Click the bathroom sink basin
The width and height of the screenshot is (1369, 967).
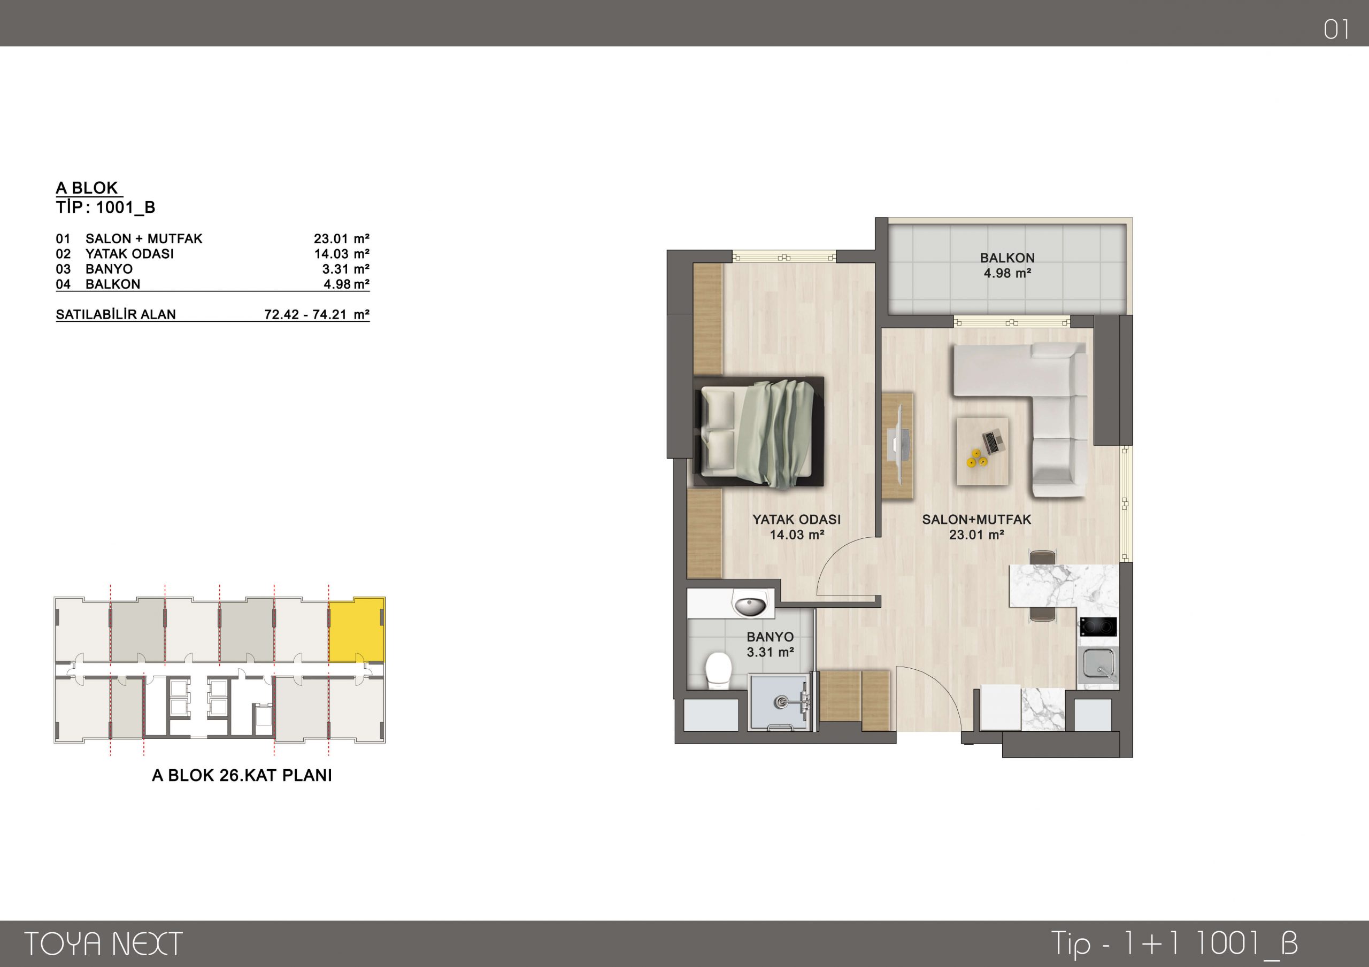click(x=750, y=606)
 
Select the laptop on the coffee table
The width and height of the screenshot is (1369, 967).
click(x=993, y=442)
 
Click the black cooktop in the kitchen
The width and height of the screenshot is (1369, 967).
click(x=1098, y=626)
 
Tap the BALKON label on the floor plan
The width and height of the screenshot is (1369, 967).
click(x=1007, y=258)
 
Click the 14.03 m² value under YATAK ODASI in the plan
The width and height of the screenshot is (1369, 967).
click(x=797, y=535)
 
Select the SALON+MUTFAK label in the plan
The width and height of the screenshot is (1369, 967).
click(x=976, y=519)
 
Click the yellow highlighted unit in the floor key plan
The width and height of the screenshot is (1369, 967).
click(x=357, y=629)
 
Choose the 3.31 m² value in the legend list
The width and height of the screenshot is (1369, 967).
click(x=346, y=269)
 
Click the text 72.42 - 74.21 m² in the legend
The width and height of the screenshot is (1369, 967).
click(x=317, y=314)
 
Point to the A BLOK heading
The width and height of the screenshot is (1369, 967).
click(x=87, y=188)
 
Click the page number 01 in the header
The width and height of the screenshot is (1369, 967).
click(x=1336, y=29)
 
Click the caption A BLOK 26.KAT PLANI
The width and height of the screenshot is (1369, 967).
click(x=242, y=775)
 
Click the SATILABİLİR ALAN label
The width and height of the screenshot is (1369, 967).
click(x=116, y=314)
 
